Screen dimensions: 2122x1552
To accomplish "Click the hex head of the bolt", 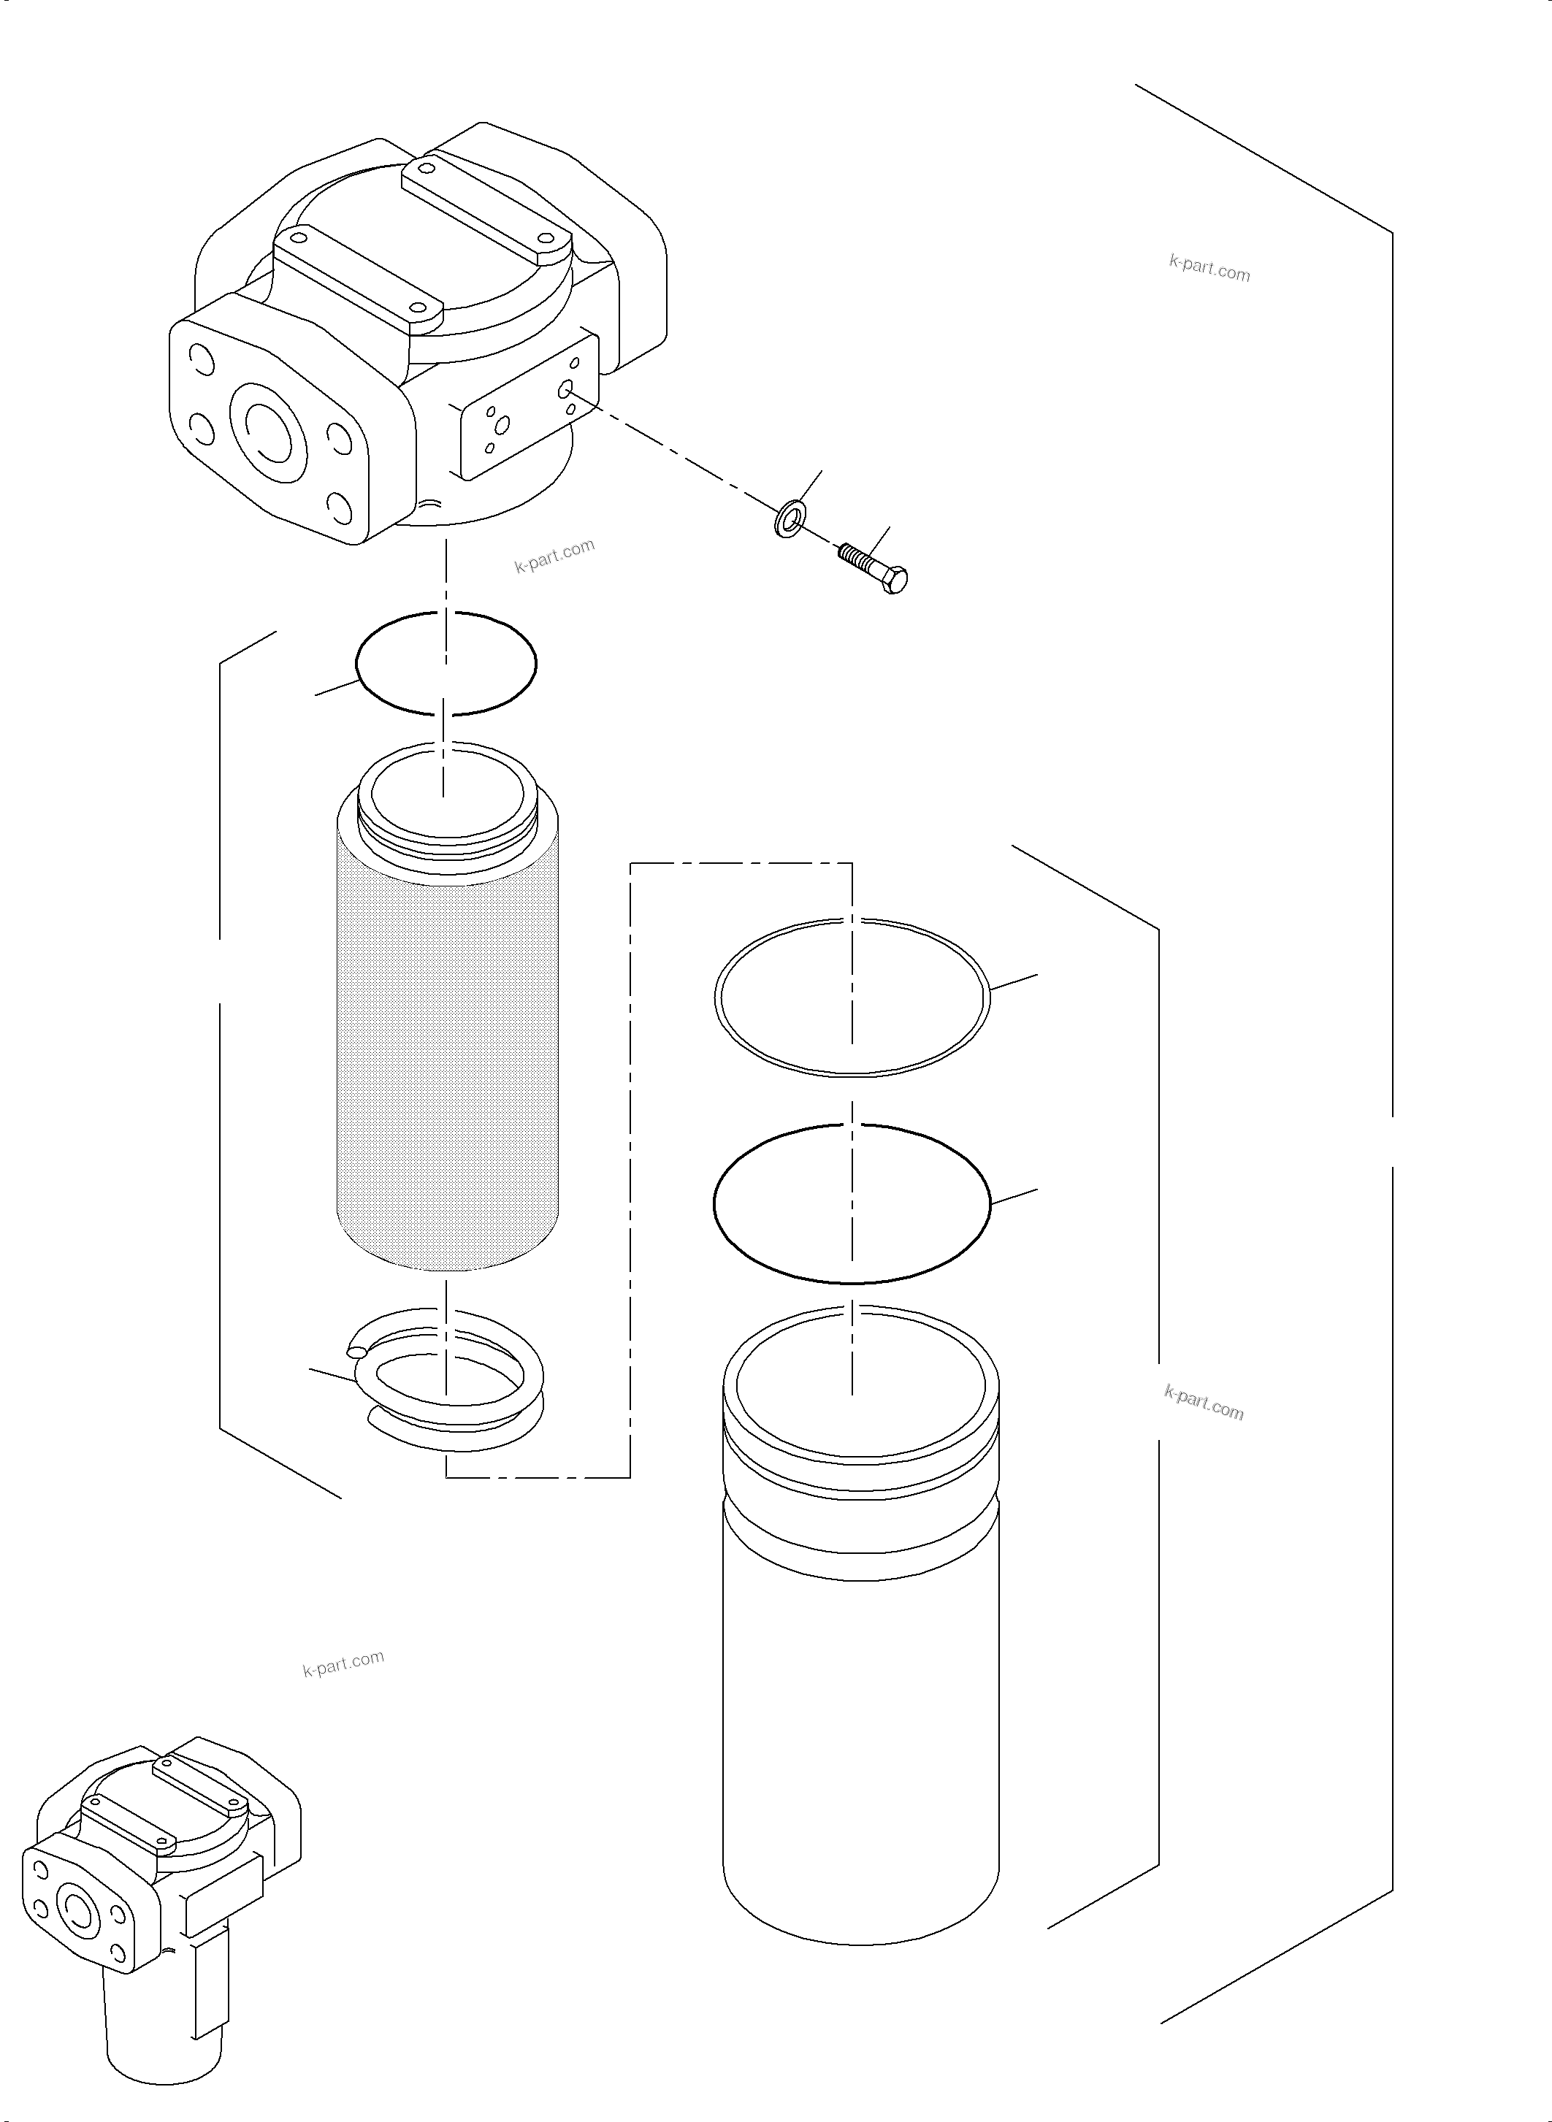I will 895,581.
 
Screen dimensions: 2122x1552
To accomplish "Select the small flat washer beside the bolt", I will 790,518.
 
